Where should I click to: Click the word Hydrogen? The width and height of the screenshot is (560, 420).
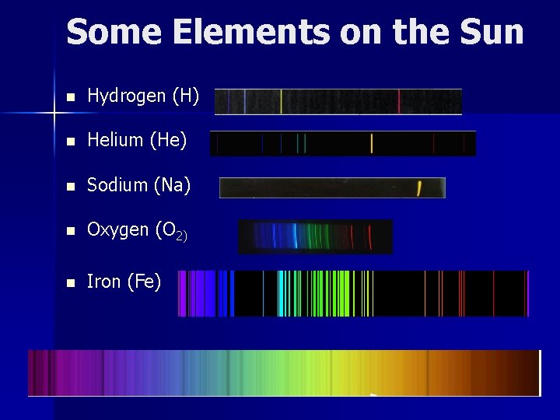127,96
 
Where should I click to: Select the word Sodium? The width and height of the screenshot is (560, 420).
117,185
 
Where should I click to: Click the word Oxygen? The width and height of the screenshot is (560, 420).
118,230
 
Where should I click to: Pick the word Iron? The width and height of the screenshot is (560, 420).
103,282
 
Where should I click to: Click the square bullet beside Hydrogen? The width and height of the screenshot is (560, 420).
71,98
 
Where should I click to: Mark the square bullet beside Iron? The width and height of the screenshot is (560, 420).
71,283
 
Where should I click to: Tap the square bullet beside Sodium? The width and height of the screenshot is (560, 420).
71,187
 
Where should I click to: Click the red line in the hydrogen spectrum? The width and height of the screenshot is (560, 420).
399,101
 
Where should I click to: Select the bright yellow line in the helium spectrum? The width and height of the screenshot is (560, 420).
372,144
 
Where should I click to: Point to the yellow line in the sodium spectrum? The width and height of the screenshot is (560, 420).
419,187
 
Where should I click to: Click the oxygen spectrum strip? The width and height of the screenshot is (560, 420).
315,236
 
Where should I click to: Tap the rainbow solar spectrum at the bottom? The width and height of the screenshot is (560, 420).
284,373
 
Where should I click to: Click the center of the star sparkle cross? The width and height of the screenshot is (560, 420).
54,114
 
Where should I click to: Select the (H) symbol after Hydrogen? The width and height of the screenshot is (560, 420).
186,96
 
